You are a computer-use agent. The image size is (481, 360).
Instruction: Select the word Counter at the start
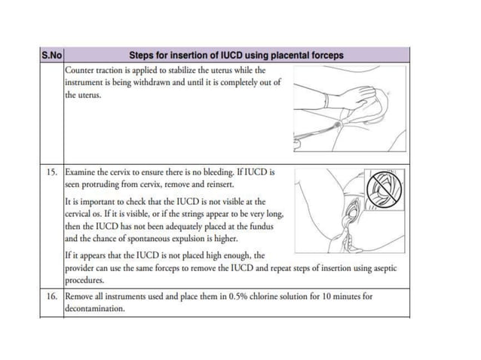(x=80, y=70)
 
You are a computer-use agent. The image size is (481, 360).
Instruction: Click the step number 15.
(x=51, y=172)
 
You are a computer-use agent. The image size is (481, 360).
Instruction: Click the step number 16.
(x=51, y=296)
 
